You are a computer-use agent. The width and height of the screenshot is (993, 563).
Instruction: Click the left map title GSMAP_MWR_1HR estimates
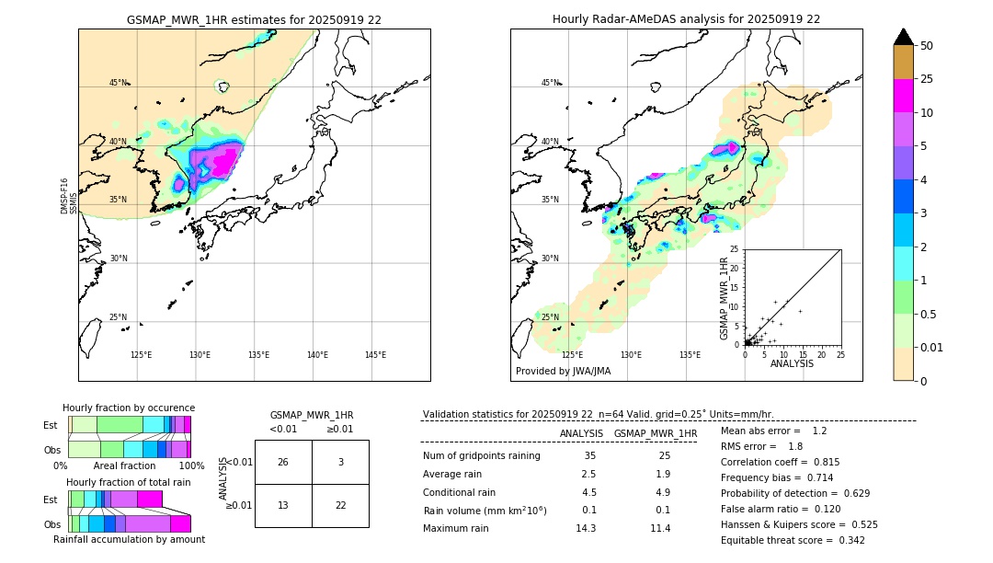pyautogui.click(x=254, y=19)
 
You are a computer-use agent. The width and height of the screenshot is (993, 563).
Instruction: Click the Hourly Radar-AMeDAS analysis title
pyautogui.click(x=686, y=19)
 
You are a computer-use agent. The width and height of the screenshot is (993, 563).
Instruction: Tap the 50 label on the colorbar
pyautogui.click(x=927, y=46)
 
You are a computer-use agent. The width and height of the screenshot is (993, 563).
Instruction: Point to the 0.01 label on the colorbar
pyautogui.click(x=932, y=347)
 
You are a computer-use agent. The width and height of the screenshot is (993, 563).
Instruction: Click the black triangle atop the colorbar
pyautogui.click(x=904, y=37)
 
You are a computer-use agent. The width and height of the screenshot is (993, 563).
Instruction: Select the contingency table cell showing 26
pyautogui.click(x=283, y=462)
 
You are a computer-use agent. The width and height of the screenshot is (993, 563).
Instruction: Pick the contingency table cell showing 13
pyautogui.click(x=283, y=505)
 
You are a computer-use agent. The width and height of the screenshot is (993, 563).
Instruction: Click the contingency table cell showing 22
pyautogui.click(x=340, y=505)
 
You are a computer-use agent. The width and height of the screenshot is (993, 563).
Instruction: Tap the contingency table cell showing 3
pyautogui.click(x=340, y=462)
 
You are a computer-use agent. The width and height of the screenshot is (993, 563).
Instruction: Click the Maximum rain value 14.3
pyautogui.click(x=586, y=528)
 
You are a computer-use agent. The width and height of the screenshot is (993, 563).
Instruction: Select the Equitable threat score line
pyautogui.click(x=793, y=540)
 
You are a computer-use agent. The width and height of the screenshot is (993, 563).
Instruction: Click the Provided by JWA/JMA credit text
pyautogui.click(x=563, y=371)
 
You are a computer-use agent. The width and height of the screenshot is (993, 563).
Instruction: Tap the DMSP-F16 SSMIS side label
pyautogui.click(x=69, y=196)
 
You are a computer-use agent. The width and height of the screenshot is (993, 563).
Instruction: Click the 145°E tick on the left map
pyautogui.click(x=375, y=355)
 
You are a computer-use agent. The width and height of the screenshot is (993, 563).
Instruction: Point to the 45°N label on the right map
pyautogui.click(x=550, y=83)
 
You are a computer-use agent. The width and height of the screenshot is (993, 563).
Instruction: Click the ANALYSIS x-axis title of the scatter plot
pyautogui.click(x=792, y=363)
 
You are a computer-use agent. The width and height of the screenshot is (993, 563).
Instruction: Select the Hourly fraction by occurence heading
pyautogui.click(x=129, y=408)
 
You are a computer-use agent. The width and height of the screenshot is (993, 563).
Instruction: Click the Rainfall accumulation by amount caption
pyautogui.click(x=129, y=539)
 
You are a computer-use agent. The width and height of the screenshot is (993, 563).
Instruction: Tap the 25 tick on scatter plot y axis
pyautogui.click(x=735, y=249)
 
